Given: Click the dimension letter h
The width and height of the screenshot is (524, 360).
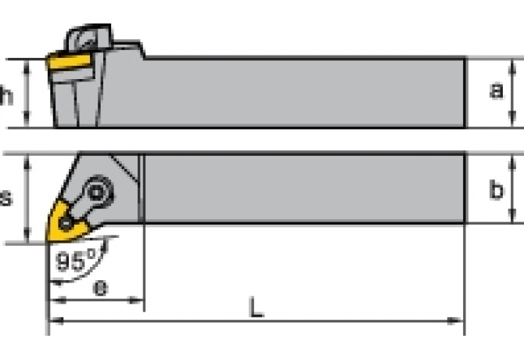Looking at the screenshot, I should (7, 96).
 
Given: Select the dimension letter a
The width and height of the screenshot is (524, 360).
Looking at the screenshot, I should (496, 91).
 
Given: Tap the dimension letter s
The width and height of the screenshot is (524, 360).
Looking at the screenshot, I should (6, 198).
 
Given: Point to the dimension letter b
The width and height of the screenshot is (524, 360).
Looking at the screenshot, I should (496, 190).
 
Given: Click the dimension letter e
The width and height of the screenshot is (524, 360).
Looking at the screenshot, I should (101, 286).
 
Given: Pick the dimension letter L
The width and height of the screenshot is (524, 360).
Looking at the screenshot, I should (255, 308).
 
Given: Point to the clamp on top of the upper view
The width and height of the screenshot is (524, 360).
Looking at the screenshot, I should (88, 37).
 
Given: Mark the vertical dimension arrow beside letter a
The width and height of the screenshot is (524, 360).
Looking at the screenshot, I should (512, 92).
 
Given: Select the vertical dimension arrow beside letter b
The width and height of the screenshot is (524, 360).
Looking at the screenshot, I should (512, 189).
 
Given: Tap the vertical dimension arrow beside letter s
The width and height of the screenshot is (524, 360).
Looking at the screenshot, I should (28, 198).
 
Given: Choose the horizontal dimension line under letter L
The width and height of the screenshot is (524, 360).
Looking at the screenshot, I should (257, 321).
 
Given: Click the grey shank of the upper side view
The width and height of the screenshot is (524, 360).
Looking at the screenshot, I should (305, 92).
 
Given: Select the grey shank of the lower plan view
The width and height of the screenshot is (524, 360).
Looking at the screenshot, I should (305, 189).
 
